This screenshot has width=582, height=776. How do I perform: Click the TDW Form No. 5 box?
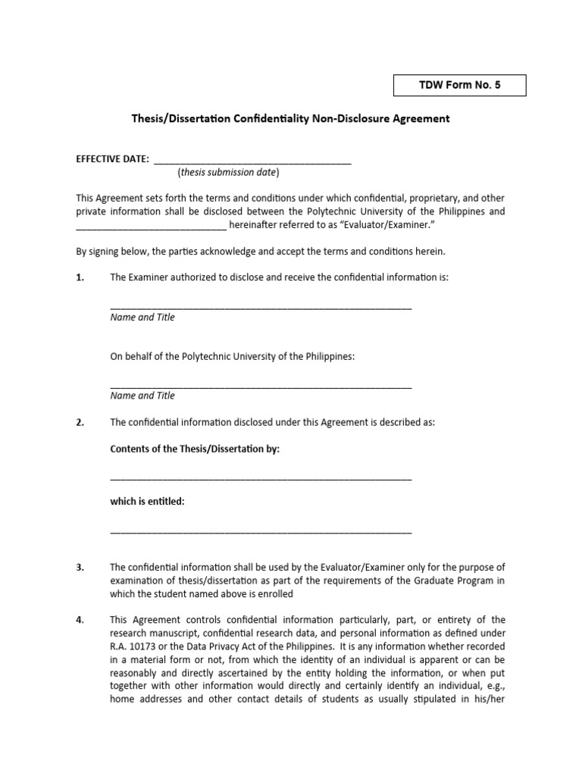[x=459, y=86]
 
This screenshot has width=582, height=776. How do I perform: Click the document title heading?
[x=291, y=119]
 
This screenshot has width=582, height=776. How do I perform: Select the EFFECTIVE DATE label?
[x=112, y=159]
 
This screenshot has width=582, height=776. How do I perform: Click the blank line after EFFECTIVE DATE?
[x=252, y=161]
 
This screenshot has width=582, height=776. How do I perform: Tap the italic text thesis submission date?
[x=228, y=173]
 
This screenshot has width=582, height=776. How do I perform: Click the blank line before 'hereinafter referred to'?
[x=151, y=227]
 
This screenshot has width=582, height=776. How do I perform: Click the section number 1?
[x=80, y=278]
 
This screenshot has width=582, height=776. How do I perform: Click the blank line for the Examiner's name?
[x=261, y=306]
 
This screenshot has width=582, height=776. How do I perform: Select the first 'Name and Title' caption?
[x=142, y=318]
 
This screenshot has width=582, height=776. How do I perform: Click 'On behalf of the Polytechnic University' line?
[x=232, y=356]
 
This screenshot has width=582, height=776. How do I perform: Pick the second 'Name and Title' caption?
[x=142, y=396]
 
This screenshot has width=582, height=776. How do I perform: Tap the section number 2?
[x=80, y=423]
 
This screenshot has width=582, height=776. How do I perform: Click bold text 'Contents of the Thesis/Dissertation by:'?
[x=195, y=449]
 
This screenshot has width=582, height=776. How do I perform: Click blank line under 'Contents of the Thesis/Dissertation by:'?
[x=261, y=477]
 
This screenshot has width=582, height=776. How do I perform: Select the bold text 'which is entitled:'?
[x=147, y=502]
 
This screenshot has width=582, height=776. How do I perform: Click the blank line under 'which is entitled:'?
[x=261, y=531]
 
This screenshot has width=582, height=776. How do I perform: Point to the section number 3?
[x=80, y=568]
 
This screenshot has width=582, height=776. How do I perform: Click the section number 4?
[x=80, y=620]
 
